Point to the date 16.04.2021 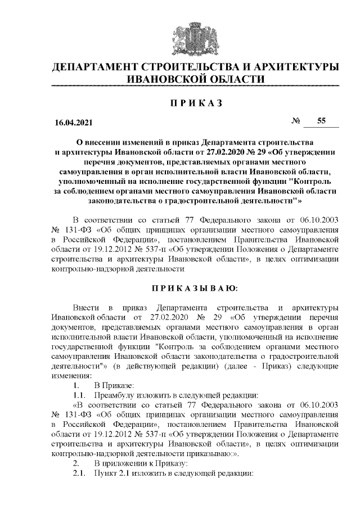(69, 122)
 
